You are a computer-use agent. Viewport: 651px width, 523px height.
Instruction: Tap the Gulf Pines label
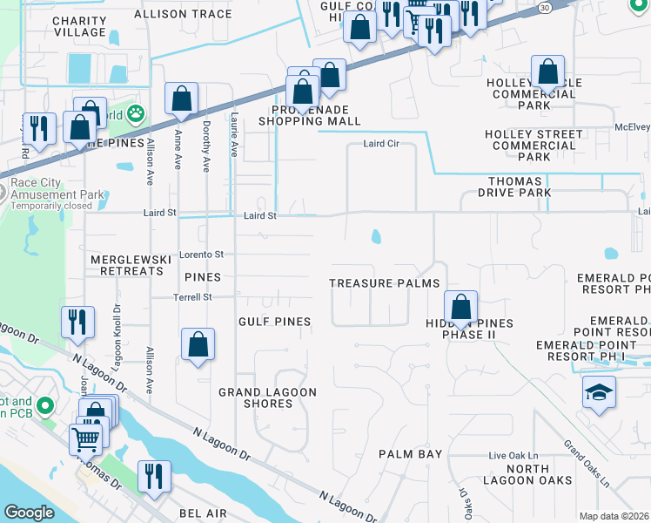(x=275, y=322)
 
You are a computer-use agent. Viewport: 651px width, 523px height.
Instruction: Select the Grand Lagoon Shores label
(x=267, y=397)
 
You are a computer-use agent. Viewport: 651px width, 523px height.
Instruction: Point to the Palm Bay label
(x=411, y=454)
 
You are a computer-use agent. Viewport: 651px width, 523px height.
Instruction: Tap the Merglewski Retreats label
(x=125, y=266)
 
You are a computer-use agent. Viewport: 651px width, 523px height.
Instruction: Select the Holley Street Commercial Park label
(x=534, y=146)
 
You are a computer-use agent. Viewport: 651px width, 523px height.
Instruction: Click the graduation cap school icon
(x=600, y=394)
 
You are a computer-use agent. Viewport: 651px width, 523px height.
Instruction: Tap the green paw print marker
(x=136, y=112)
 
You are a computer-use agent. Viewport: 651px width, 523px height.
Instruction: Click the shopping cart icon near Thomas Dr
(x=85, y=438)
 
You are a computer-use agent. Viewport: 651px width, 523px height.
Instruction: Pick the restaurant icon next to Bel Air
(x=154, y=477)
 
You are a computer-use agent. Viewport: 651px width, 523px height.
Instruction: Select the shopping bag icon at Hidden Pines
(x=461, y=307)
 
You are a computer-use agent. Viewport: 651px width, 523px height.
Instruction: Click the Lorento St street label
(x=202, y=255)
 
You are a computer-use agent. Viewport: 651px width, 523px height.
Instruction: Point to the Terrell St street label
(x=196, y=297)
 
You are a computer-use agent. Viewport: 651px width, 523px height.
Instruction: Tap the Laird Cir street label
(x=380, y=145)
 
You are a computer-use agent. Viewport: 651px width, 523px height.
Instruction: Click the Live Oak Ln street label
(x=513, y=456)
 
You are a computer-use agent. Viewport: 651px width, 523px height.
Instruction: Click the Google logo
(x=30, y=512)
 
